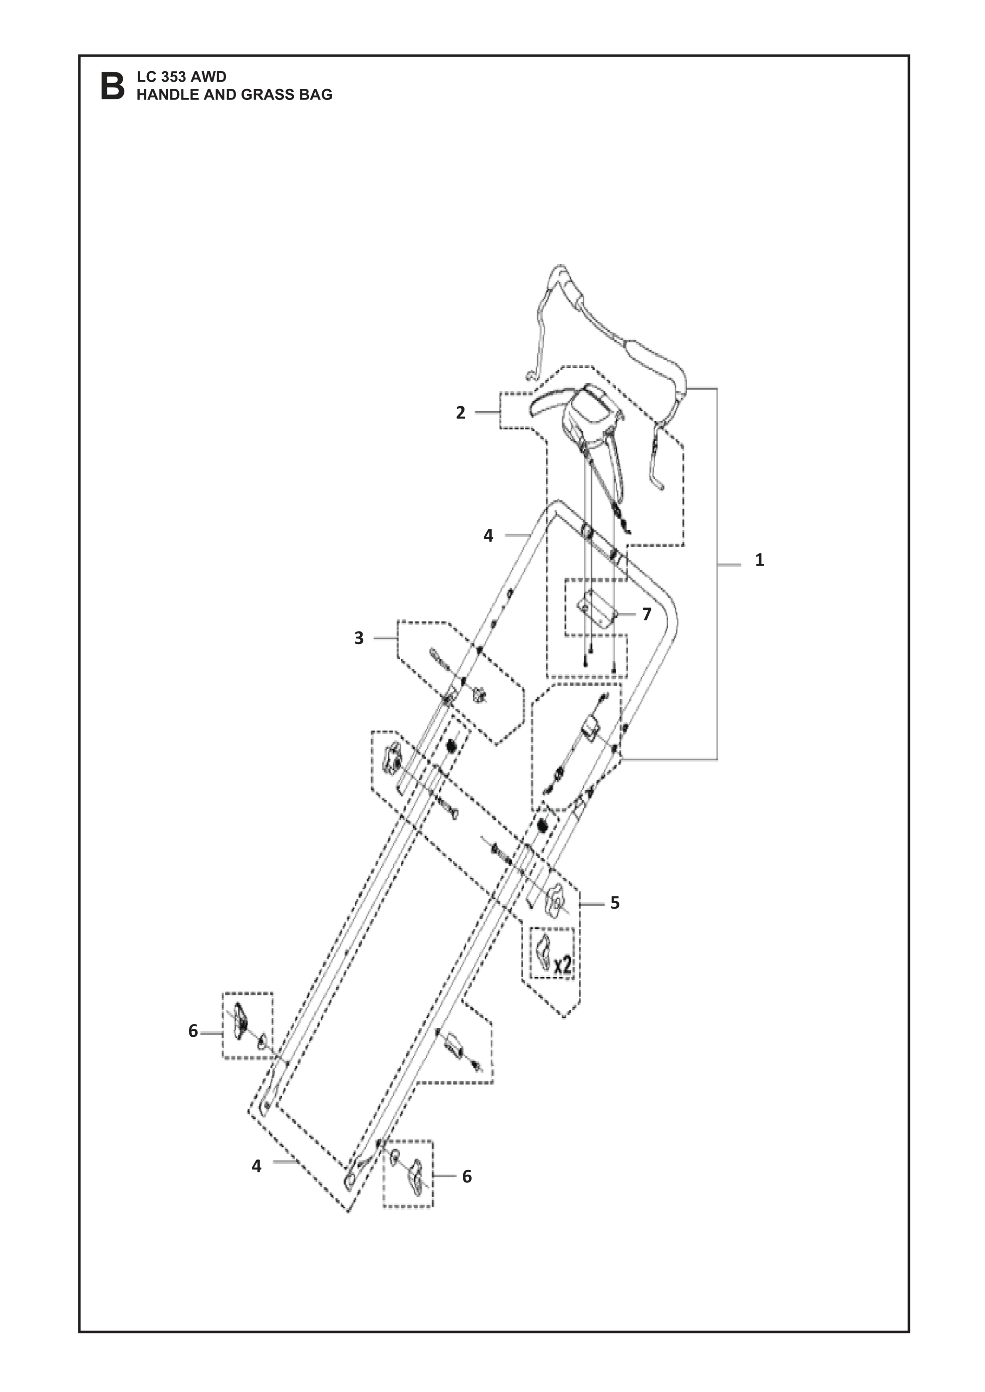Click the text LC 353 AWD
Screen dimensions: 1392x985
(x=181, y=77)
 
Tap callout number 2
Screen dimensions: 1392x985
(x=461, y=412)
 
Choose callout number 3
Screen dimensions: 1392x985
(x=359, y=638)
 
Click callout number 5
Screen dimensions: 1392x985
(x=615, y=920)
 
